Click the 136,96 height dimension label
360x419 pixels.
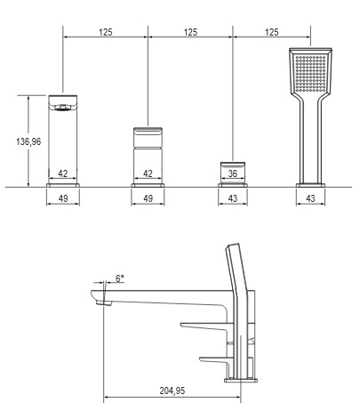[x=28, y=141]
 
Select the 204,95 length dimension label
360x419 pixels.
[x=172, y=391]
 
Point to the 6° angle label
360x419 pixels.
[x=120, y=278]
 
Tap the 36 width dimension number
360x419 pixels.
[x=233, y=173]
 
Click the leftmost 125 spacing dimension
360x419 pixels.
[x=106, y=32]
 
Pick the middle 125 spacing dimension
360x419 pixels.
[x=190, y=32]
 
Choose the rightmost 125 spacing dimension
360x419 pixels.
[x=272, y=32]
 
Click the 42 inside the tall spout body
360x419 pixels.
[x=63, y=173]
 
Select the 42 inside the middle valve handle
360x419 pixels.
[x=148, y=173]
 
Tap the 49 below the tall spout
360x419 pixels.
[x=63, y=198]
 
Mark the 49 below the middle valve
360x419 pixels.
[x=148, y=198]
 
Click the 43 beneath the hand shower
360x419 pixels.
[x=310, y=198]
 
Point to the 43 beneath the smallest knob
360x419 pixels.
[x=233, y=198]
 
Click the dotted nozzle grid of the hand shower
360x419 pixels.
[x=310, y=73]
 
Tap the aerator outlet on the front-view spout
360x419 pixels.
[x=62, y=109]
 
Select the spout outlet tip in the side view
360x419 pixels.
[x=104, y=302]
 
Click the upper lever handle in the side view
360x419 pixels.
[x=204, y=326]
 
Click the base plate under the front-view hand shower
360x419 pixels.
[x=310, y=185]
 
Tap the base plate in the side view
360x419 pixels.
[x=241, y=380]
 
